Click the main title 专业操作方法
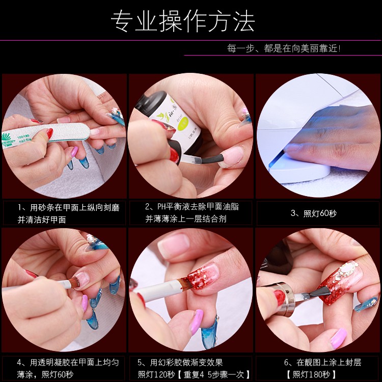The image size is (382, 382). [x=183, y=21]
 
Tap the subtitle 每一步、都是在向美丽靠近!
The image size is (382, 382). [x=284, y=48]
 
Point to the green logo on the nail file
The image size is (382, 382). [x=6, y=137]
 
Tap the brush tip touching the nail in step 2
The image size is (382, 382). [x=212, y=159]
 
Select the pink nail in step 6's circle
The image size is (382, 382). [x=339, y=338]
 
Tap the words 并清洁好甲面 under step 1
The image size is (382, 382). [x=42, y=220]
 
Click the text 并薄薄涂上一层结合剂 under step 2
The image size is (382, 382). [x=186, y=219]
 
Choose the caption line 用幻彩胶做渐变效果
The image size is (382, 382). [x=186, y=363]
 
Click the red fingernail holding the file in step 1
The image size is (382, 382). [x=50, y=133]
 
